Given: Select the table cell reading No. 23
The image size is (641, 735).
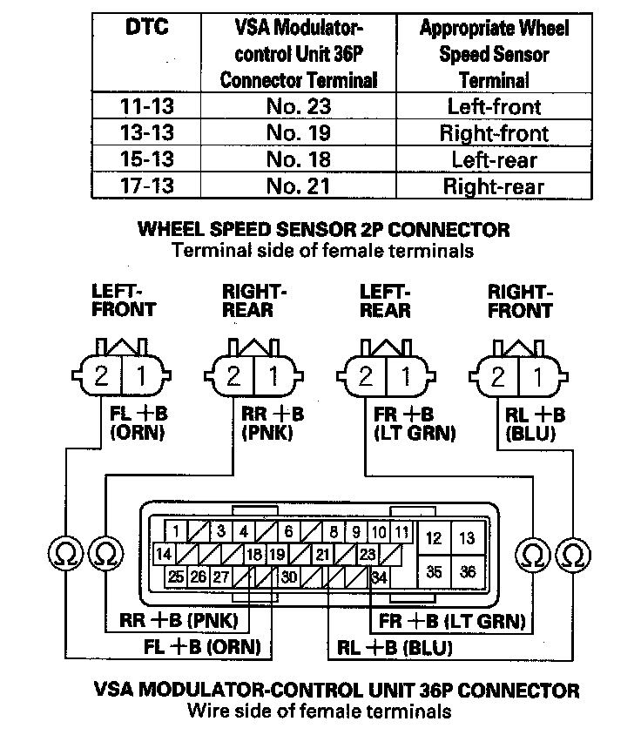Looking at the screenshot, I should click(x=298, y=108).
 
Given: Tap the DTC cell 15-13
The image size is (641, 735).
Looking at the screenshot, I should click(x=146, y=160).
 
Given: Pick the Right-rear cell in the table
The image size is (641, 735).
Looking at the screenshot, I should click(x=494, y=186).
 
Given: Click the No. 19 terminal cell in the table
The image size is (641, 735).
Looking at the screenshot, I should click(x=298, y=134).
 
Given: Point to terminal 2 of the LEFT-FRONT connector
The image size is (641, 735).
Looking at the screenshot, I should click(x=102, y=377).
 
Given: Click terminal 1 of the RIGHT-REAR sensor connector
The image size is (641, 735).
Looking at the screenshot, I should click(x=273, y=377).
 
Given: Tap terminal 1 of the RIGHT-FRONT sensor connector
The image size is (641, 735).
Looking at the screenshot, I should click(x=538, y=377).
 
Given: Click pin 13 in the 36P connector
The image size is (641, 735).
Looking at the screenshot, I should click(x=468, y=538).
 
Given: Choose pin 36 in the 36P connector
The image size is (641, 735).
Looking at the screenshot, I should click(x=468, y=572).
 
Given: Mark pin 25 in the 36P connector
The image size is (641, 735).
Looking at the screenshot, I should click(x=177, y=576).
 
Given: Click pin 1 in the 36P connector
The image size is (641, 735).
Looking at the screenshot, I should click(x=177, y=531).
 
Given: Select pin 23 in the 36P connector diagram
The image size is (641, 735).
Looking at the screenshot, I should click(x=368, y=554).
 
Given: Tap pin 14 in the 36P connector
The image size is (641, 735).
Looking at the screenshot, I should click(x=163, y=554).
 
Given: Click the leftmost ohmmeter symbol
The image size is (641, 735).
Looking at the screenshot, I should click(x=64, y=552).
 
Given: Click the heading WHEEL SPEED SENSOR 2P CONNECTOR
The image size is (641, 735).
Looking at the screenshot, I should click(x=323, y=231).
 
